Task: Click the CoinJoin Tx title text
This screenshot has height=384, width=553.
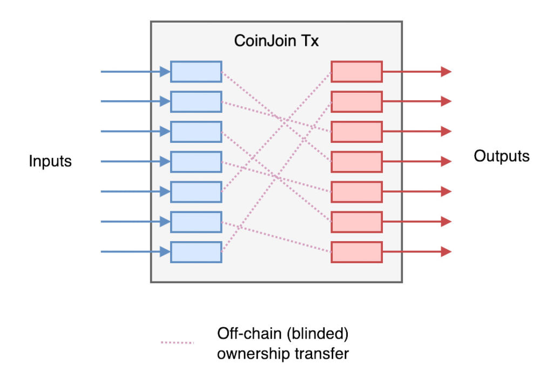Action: [276, 41]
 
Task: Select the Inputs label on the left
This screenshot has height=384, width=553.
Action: [50, 161]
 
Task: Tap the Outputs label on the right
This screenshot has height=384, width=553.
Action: [502, 156]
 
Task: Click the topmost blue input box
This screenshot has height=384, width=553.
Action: [196, 72]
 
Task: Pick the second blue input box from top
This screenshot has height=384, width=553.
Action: [196, 101]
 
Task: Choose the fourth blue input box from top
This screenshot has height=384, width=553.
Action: [196, 162]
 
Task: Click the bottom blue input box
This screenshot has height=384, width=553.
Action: [196, 252]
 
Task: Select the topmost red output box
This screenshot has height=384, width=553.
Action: [356, 72]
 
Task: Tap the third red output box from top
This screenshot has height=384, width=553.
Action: [356, 132]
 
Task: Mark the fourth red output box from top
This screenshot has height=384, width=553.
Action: [356, 162]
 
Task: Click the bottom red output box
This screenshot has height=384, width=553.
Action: [356, 252]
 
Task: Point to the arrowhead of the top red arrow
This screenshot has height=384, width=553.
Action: [446, 72]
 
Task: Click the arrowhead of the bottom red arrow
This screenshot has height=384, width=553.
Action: [446, 252]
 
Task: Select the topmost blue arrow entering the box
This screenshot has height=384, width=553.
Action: [135, 72]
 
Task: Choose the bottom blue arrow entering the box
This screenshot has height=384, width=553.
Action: [135, 252]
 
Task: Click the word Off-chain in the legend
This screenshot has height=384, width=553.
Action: [241, 334]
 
